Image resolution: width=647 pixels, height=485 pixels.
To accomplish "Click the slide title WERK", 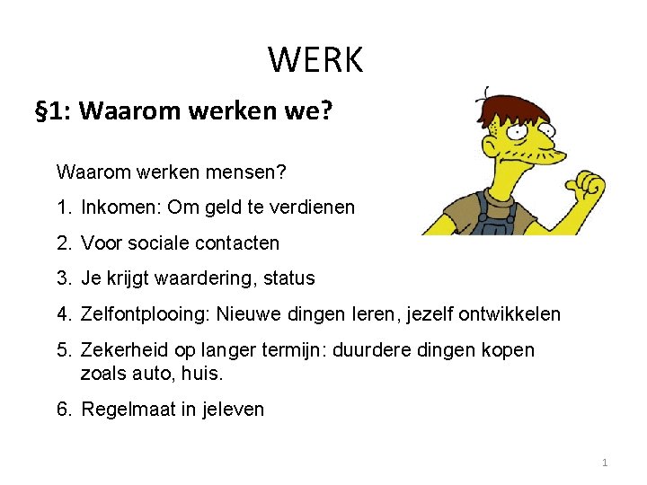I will point(315,60).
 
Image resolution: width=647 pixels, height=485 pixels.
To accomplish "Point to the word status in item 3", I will point(289,278).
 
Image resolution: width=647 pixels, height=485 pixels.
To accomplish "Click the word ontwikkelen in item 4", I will point(510,314).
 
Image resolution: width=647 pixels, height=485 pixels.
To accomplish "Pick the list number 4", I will point(63,314).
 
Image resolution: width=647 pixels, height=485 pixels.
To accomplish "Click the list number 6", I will point(63,410).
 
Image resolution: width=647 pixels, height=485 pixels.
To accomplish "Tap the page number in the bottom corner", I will point(605,463).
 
